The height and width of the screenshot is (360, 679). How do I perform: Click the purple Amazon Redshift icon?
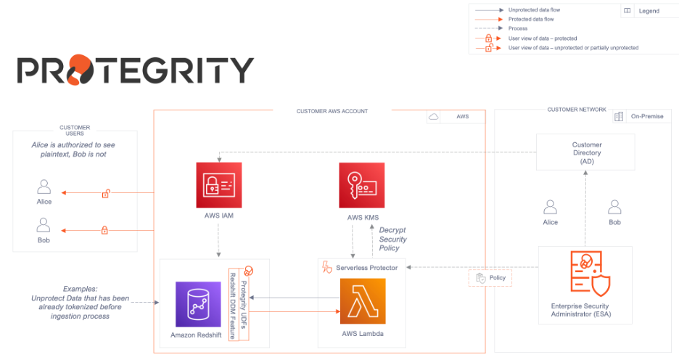click(198, 304)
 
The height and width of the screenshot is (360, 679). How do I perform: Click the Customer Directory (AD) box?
click(586, 152)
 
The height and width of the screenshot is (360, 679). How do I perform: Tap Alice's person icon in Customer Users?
click(44, 186)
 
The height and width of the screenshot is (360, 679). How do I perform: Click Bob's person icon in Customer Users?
click(44, 224)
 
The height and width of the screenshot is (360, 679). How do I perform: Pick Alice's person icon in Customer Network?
click(551, 207)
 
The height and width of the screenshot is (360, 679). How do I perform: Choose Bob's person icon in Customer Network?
click(614, 207)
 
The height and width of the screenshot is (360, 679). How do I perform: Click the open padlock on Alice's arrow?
click(106, 193)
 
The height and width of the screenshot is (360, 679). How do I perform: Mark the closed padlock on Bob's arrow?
click(104, 231)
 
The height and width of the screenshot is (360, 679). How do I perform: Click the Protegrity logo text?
click(135, 71)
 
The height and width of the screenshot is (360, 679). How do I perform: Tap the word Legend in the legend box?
click(649, 11)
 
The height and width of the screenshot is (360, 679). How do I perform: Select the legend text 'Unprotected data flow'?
click(534, 10)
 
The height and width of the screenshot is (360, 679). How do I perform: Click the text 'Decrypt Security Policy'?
click(392, 239)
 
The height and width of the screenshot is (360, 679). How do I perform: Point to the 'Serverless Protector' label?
click(366, 268)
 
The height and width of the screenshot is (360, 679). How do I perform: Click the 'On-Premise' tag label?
click(646, 116)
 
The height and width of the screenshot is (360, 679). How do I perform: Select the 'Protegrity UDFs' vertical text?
click(244, 306)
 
